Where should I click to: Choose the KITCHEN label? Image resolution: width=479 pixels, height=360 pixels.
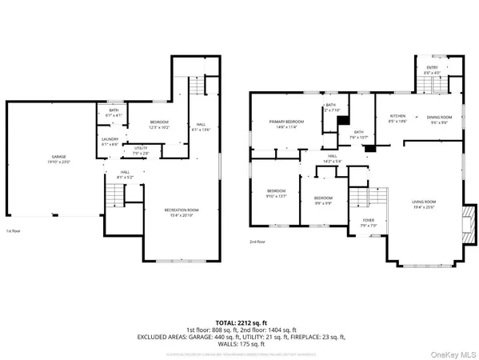pos(398,117)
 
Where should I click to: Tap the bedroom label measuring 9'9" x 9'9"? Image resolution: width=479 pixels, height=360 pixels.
pos(322,198)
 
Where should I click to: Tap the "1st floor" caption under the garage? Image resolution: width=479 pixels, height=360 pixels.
pos(14,230)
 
